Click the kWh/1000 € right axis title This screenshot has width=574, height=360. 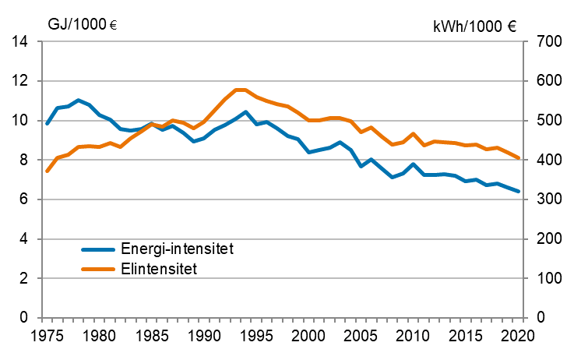tap(474, 26)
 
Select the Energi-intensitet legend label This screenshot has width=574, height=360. tap(178, 249)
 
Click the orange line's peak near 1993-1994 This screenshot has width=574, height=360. tap(241, 90)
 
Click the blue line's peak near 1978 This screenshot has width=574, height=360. tap(78, 100)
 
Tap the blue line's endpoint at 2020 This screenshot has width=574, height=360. tap(519, 191)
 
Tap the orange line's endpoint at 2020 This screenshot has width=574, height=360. tap(519, 158)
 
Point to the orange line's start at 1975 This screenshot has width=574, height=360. tap(47, 171)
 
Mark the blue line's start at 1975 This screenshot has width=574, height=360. tap(47, 124)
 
